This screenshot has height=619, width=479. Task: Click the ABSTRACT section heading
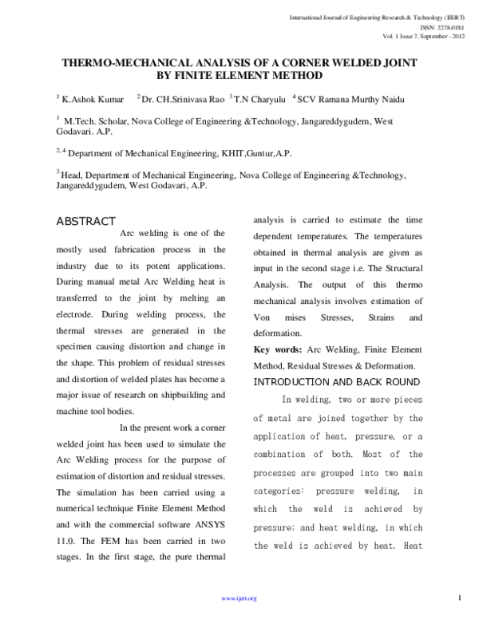pyautogui.click(x=86, y=221)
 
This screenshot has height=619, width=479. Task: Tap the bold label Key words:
pyautogui.click(x=278, y=350)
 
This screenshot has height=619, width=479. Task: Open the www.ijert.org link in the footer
pyautogui.click(x=239, y=597)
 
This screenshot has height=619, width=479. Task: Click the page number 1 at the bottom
pyautogui.click(x=461, y=597)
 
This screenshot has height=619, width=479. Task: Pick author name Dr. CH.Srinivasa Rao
pyautogui.click(x=182, y=99)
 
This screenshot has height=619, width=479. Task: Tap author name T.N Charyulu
pyautogui.click(x=259, y=99)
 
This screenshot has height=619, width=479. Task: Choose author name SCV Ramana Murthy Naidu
pyautogui.click(x=347, y=99)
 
